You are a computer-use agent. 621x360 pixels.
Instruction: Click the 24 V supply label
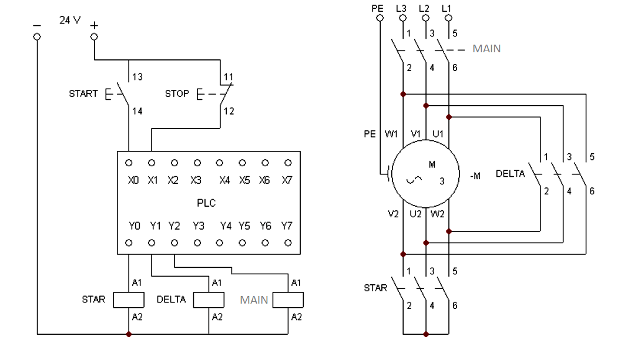(x=69, y=20)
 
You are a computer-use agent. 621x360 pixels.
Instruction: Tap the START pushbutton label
(x=83, y=93)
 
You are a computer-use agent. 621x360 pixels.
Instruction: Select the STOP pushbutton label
(x=177, y=93)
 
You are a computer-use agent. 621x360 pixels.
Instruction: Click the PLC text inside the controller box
(x=207, y=203)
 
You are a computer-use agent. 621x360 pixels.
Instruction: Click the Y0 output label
(x=135, y=226)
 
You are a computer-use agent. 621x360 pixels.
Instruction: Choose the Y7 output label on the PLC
(x=287, y=226)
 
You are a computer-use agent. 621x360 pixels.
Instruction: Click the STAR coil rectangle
(x=128, y=300)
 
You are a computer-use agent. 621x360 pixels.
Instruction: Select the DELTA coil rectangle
(x=209, y=300)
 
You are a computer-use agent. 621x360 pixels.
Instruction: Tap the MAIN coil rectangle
(x=288, y=300)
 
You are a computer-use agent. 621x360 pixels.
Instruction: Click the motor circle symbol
(x=426, y=174)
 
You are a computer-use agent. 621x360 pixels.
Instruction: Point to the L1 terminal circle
(x=449, y=18)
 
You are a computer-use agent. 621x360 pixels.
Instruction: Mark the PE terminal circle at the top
(x=380, y=18)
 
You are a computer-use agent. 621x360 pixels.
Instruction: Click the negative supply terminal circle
(x=37, y=36)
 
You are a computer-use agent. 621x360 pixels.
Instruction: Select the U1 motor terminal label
(x=438, y=134)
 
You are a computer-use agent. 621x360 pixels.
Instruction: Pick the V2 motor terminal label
(x=393, y=214)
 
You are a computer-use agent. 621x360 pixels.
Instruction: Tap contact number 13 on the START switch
(x=137, y=76)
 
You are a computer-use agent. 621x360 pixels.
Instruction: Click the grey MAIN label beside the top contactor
(x=486, y=49)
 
